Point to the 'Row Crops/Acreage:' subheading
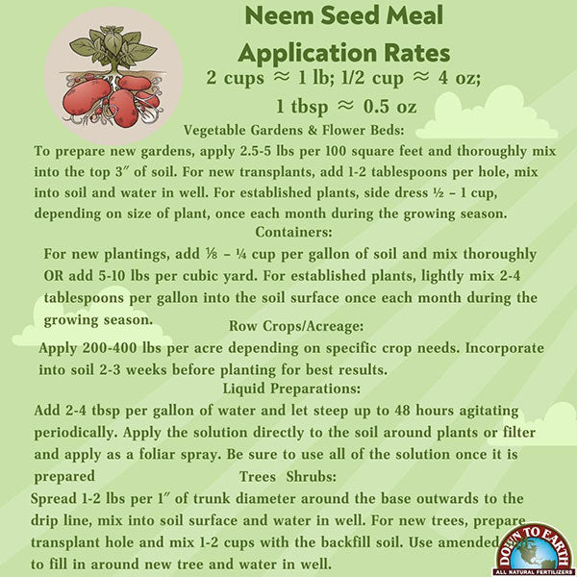pyautogui.click(x=295, y=325)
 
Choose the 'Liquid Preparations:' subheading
pyautogui.click(x=291, y=389)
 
